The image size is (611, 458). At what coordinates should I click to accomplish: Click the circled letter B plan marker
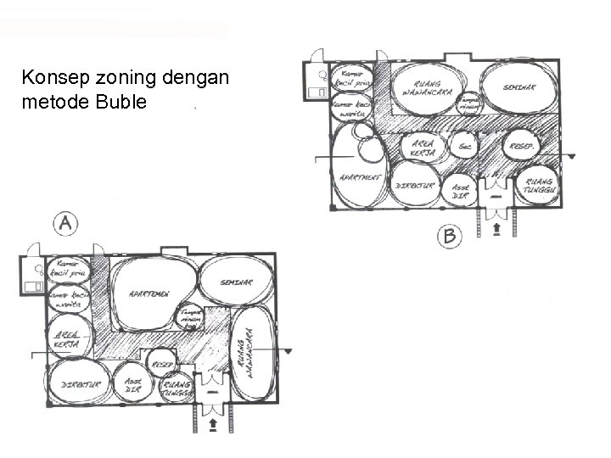(449, 236)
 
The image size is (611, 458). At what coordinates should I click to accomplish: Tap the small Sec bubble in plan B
(463, 146)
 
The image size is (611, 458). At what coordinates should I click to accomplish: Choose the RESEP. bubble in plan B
(520, 146)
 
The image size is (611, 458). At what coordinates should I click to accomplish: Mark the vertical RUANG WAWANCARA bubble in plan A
(254, 353)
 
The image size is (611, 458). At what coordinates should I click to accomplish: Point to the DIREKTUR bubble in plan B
(417, 186)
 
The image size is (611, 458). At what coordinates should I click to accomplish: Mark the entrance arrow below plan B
(496, 228)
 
